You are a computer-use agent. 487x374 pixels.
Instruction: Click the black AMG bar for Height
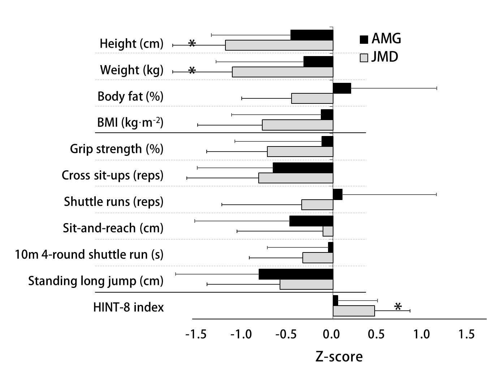(x=312, y=35)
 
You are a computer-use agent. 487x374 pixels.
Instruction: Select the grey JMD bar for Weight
(x=282, y=72)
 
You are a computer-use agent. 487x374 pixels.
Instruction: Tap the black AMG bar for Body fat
(x=342, y=88)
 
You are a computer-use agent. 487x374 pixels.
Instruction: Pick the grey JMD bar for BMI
(x=297, y=125)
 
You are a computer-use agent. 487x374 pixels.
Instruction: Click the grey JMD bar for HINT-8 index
(x=354, y=311)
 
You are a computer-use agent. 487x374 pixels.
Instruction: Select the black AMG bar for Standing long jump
(x=296, y=274)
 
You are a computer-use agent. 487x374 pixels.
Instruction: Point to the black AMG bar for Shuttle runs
(x=337, y=195)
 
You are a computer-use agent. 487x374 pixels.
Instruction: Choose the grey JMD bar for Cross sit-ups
(x=296, y=178)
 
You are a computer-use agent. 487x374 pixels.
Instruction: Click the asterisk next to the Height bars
(x=192, y=43)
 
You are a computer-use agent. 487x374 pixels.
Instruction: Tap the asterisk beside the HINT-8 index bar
(x=398, y=307)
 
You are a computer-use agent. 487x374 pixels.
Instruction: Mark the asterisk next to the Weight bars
(x=192, y=70)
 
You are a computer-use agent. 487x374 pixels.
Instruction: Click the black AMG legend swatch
(x=364, y=39)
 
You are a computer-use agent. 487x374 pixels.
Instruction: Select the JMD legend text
(x=385, y=57)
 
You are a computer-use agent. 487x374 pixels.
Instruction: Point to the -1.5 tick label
(x=196, y=334)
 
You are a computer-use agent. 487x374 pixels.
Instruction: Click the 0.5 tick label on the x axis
(x=376, y=334)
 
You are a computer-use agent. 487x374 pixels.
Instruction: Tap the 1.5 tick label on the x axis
(x=466, y=334)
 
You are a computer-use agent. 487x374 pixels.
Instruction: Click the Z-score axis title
(x=339, y=357)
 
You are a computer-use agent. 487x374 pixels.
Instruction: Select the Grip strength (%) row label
(x=116, y=149)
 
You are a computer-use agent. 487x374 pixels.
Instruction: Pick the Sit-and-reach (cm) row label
(x=113, y=228)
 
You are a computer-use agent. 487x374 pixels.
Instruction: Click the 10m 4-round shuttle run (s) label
(x=89, y=255)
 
